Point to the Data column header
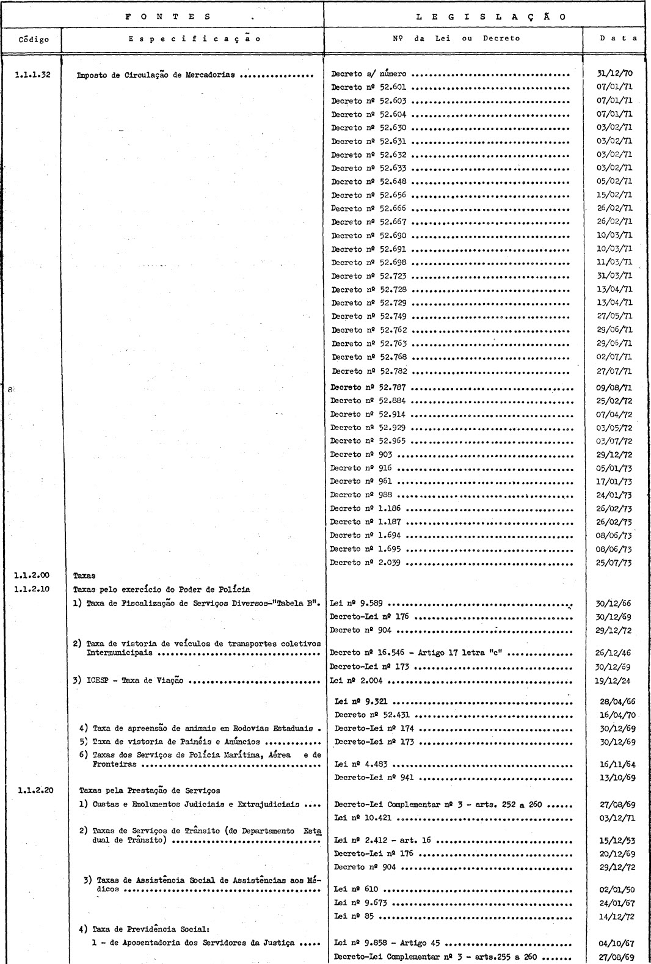pos(618,38)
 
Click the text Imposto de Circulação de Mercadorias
pos(156,76)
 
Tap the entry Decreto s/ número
pos(368,75)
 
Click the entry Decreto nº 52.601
pos(368,87)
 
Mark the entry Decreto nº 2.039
pos(365,563)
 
